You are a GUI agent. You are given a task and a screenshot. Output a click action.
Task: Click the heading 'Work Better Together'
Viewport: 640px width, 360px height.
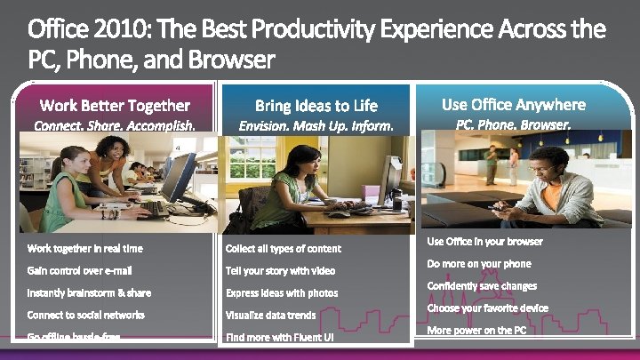tap(115, 106)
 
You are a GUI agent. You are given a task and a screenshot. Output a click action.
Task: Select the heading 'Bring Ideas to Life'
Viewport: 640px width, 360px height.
tap(316, 106)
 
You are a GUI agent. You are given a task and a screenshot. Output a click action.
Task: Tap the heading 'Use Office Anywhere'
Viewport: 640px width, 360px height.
tap(514, 104)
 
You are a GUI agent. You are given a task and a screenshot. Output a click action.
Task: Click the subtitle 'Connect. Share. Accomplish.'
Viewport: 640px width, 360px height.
tap(115, 126)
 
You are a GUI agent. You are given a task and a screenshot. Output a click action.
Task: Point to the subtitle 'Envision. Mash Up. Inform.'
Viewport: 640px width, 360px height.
tap(316, 126)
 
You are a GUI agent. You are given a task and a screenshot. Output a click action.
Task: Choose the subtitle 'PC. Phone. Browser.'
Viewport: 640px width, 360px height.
tap(514, 125)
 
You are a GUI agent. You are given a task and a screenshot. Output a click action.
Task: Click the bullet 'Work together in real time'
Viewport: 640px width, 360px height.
tap(85, 248)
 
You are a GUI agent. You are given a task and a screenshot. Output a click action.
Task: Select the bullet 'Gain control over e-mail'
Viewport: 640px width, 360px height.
tap(80, 270)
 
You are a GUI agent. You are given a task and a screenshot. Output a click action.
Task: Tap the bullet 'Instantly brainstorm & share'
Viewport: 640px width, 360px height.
tap(90, 292)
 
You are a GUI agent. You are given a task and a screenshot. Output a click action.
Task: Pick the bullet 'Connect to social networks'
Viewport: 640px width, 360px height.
tap(86, 315)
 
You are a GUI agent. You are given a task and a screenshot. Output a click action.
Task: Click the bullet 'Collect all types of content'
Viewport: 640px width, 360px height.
tap(284, 248)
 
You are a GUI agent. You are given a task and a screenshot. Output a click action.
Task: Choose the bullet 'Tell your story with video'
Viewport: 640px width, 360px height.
tap(281, 270)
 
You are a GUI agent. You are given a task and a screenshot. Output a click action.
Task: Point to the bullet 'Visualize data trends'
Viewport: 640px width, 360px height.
tap(271, 315)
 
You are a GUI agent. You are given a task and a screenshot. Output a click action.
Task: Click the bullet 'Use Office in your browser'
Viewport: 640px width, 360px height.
tap(484, 241)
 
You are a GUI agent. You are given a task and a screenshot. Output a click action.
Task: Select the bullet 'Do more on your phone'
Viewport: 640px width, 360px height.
tap(479, 263)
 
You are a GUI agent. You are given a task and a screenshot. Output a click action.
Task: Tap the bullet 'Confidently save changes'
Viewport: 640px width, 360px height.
tap(482, 285)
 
